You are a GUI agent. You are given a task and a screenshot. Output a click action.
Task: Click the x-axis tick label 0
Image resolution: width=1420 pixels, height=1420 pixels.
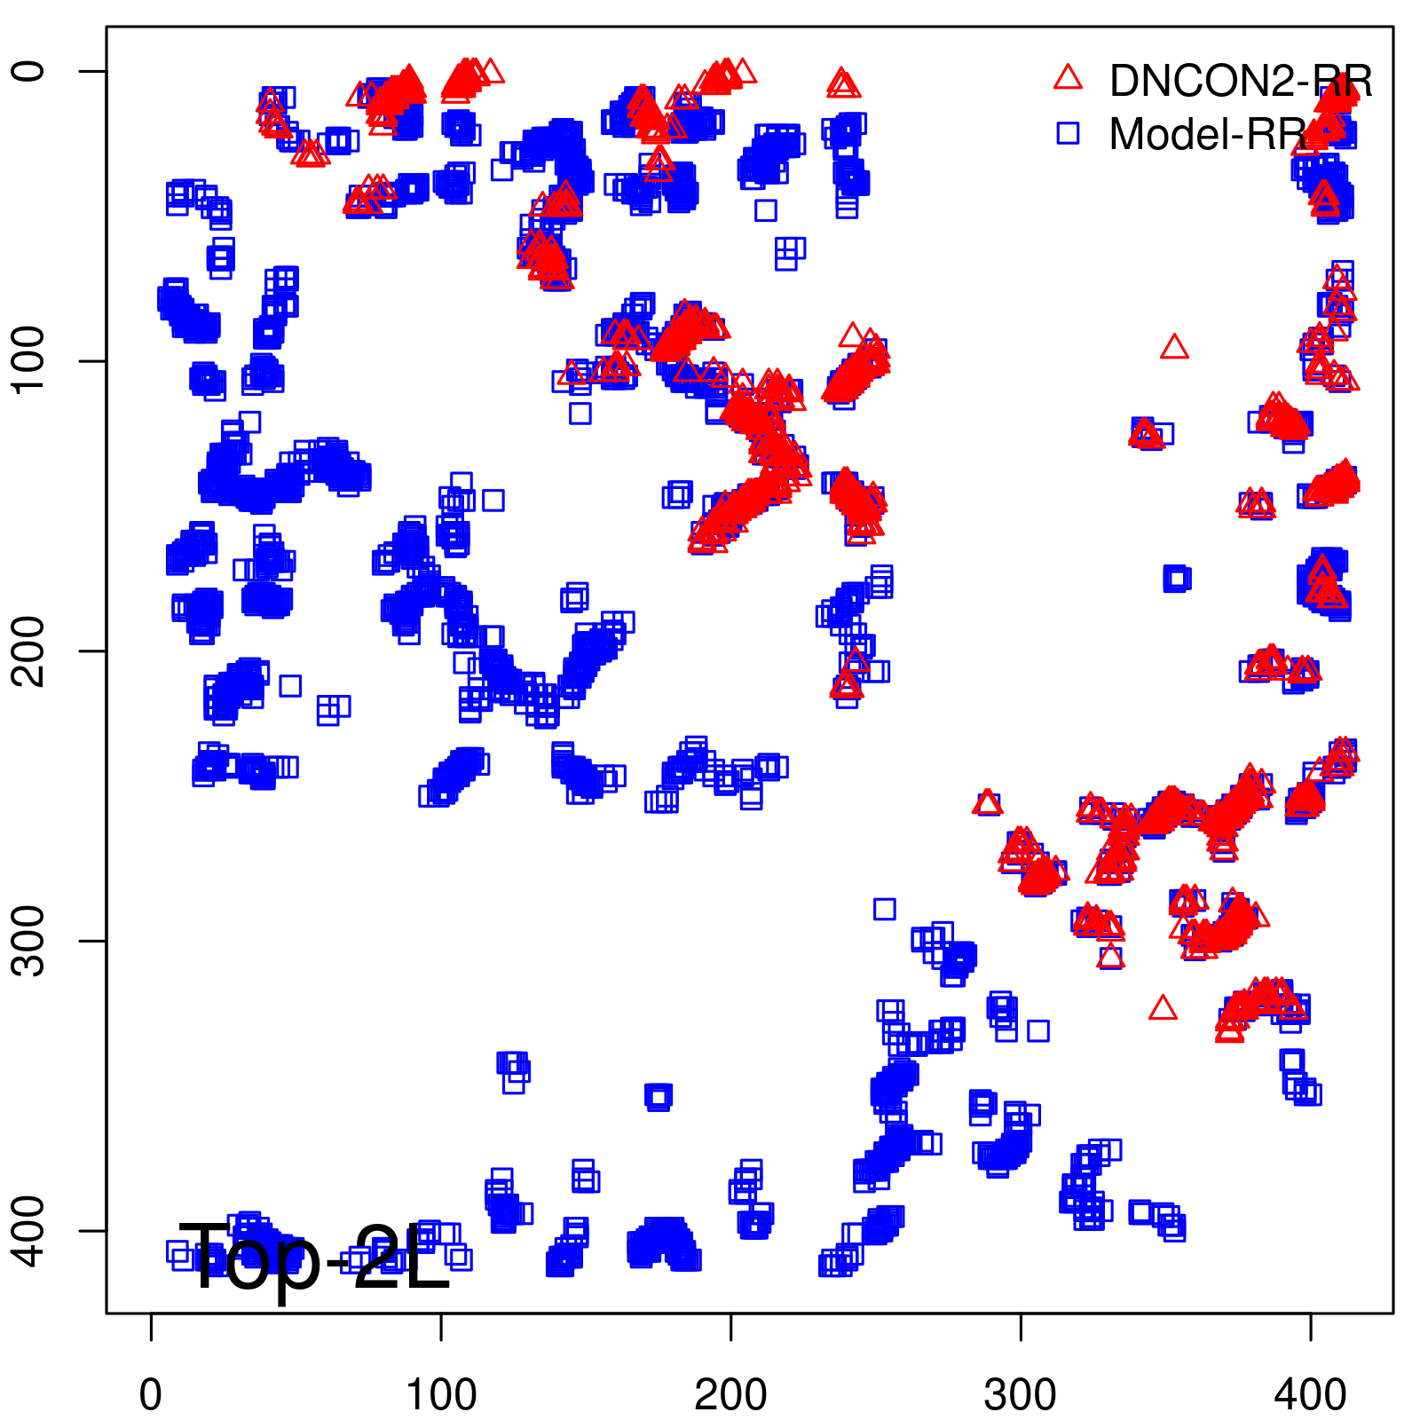[151, 1396]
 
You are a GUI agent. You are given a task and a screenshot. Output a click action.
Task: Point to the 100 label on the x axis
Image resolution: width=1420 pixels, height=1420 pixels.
[441, 1396]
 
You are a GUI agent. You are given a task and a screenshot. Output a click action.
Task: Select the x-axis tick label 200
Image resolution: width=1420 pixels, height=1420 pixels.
[730, 1396]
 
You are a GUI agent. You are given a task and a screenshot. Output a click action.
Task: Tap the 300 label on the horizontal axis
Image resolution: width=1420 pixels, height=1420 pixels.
[1021, 1396]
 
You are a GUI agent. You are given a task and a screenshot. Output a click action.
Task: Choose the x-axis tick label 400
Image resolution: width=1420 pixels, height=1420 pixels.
[1310, 1396]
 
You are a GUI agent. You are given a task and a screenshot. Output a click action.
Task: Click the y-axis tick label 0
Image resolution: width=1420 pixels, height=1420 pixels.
[29, 71]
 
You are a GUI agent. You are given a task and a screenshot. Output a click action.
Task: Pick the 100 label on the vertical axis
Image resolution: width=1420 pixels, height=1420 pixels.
[29, 360]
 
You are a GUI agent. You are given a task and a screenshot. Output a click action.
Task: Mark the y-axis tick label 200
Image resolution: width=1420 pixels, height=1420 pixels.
[29, 651]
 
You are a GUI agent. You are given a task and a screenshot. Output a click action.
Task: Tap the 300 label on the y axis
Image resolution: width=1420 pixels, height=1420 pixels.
[29, 941]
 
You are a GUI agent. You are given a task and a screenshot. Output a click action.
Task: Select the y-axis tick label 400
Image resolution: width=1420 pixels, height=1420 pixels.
[29, 1231]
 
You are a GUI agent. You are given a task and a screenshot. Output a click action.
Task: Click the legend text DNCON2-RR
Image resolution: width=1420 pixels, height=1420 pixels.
[1241, 82]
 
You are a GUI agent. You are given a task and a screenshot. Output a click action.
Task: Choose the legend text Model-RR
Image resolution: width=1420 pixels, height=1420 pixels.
[1207, 135]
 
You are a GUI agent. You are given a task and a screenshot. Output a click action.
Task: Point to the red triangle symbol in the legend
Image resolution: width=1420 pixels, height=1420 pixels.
[1068, 78]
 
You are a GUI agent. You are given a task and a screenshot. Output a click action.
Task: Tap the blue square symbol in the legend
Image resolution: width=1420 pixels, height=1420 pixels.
[1068, 133]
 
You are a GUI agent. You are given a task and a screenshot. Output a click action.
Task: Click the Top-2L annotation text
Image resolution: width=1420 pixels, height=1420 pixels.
[315, 1258]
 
